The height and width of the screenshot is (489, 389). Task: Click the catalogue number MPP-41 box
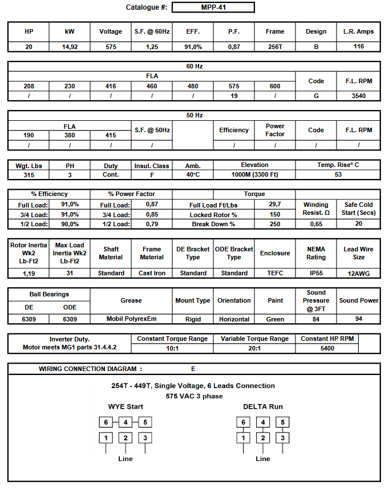(213, 7)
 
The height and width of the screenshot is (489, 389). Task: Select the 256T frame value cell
(275, 47)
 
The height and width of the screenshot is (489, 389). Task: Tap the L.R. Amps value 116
(358, 47)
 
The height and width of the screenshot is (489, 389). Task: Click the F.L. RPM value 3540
(358, 96)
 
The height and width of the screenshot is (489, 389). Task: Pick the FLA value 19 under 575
(234, 96)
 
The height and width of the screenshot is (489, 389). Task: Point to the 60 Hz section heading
(194, 66)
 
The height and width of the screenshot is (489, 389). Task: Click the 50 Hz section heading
(194, 115)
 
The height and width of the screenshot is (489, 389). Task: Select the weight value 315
(29, 175)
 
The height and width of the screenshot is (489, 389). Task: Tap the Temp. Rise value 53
(338, 175)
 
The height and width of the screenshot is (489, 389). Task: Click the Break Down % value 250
(275, 224)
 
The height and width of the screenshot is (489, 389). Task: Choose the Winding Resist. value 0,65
(316, 224)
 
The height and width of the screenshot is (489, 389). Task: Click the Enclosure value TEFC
(275, 273)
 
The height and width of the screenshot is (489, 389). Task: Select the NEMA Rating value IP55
(316, 273)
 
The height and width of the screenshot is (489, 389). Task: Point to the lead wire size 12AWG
(358, 274)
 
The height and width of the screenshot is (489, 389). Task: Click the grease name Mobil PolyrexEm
(131, 319)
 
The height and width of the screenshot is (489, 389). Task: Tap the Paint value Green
(275, 319)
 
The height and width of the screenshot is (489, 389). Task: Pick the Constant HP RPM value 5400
(327, 348)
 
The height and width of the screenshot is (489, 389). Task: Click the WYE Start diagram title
(125, 406)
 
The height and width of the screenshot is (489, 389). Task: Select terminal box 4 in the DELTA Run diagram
(262, 422)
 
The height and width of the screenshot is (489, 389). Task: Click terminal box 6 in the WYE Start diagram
(106, 422)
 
